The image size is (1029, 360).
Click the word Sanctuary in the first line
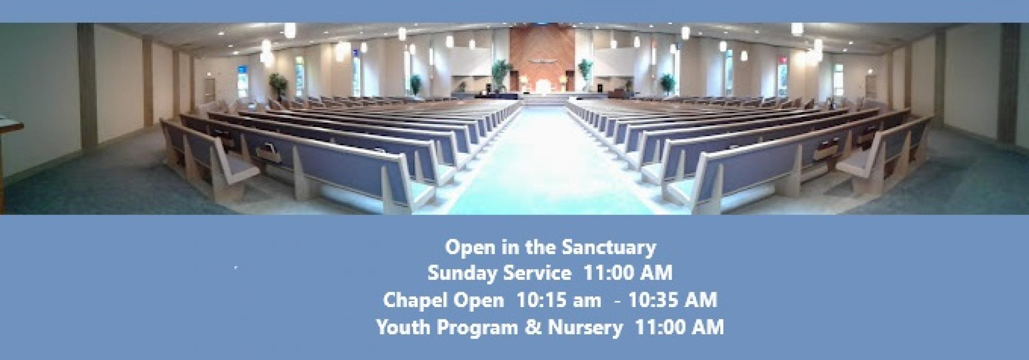(x=609, y=248)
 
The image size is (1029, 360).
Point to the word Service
(x=537, y=273)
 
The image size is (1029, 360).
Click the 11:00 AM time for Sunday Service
(x=628, y=273)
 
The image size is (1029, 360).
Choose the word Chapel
(x=414, y=300)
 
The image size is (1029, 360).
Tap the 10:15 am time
(x=559, y=300)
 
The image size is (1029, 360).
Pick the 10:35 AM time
(x=672, y=300)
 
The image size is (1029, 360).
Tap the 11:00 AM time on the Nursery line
(x=680, y=327)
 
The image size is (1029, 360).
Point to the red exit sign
(x=783, y=66)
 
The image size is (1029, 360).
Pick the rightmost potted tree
(x=667, y=83)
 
